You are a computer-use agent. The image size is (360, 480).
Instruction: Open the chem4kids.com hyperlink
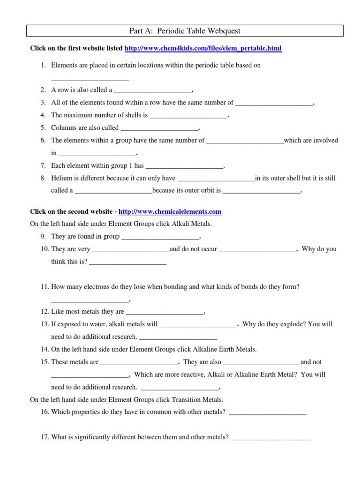203,48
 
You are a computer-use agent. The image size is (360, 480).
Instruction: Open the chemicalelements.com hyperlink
170,212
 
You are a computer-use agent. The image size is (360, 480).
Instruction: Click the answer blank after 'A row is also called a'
153,90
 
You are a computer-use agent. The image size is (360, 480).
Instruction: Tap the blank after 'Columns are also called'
159,128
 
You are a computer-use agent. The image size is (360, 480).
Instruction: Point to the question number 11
45,287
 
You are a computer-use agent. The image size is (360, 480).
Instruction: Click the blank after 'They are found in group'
160,237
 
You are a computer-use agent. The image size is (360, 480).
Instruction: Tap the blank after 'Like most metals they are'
165,312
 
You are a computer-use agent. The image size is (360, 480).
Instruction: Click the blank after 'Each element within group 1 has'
184,166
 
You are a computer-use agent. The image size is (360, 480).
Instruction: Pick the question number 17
45,437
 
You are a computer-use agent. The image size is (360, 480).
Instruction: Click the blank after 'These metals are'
139,362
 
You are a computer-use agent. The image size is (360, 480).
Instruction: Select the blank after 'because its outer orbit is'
261,191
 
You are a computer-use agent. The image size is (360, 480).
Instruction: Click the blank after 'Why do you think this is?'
127,262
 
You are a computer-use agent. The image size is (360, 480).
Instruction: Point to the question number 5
43,128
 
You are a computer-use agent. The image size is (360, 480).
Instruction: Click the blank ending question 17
271,438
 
